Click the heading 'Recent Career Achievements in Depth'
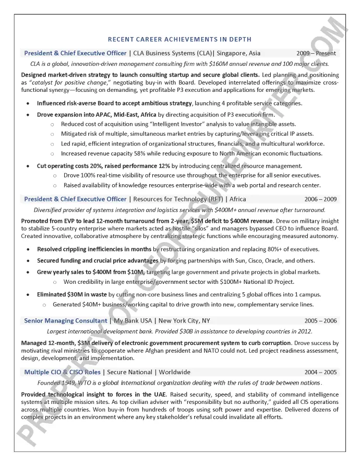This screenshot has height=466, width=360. (179, 39)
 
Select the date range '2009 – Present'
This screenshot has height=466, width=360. (316, 53)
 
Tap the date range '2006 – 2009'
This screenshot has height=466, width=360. (320, 199)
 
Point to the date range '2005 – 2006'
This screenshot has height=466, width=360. (320, 321)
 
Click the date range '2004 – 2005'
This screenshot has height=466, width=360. (320, 372)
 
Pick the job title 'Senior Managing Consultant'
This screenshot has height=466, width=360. (65, 321)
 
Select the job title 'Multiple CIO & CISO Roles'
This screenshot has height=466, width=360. (62, 372)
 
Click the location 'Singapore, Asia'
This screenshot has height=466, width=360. (238, 53)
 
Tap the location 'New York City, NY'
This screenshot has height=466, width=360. (184, 321)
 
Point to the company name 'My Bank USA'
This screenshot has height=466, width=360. (133, 321)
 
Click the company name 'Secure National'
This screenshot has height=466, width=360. (128, 372)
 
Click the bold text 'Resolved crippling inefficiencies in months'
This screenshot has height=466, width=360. (94, 249)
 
